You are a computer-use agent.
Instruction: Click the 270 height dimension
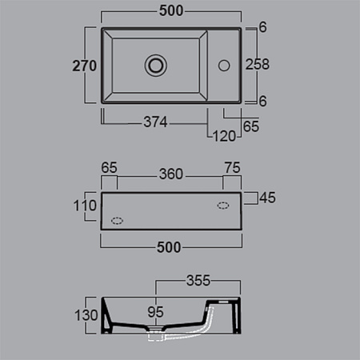[x=84, y=66]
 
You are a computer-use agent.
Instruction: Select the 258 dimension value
[x=258, y=64]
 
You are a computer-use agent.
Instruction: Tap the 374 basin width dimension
[x=155, y=122]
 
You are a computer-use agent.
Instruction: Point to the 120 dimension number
[x=224, y=136]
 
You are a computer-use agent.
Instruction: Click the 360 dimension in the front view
[x=171, y=174]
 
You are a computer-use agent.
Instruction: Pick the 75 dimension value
[x=233, y=168]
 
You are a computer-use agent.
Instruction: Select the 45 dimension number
[x=267, y=198]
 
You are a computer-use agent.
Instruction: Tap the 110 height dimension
[x=85, y=206]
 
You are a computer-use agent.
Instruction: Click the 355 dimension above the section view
[x=198, y=281]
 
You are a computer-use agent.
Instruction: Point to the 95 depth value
[x=155, y=312]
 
